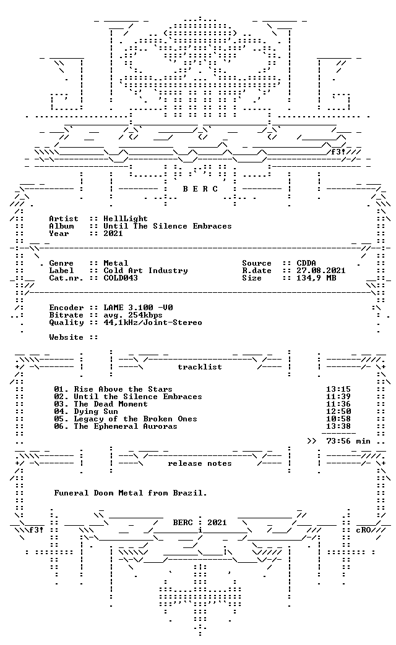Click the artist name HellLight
(x=125, y=219)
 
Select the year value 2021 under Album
(x=113, y=234)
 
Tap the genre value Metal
(x=115, y=263)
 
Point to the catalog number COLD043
(x=120, y=277)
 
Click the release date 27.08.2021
(x=321, y=270)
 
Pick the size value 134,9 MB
(x=316, y=277)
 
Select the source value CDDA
(x=306, y=263)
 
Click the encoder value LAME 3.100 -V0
(x=138, y=307)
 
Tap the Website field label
(x=66, y=337)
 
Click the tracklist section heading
(x=200, y=366)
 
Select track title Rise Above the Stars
(x=123, y=389)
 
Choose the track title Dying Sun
(x=96, y=411)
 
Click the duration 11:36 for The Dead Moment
(x=338, y=403)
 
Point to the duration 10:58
(x=338, y=418)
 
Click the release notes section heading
(x=200, y=463)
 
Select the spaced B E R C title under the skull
(x=200, y=189)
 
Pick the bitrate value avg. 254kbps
(x=132, y=315)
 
